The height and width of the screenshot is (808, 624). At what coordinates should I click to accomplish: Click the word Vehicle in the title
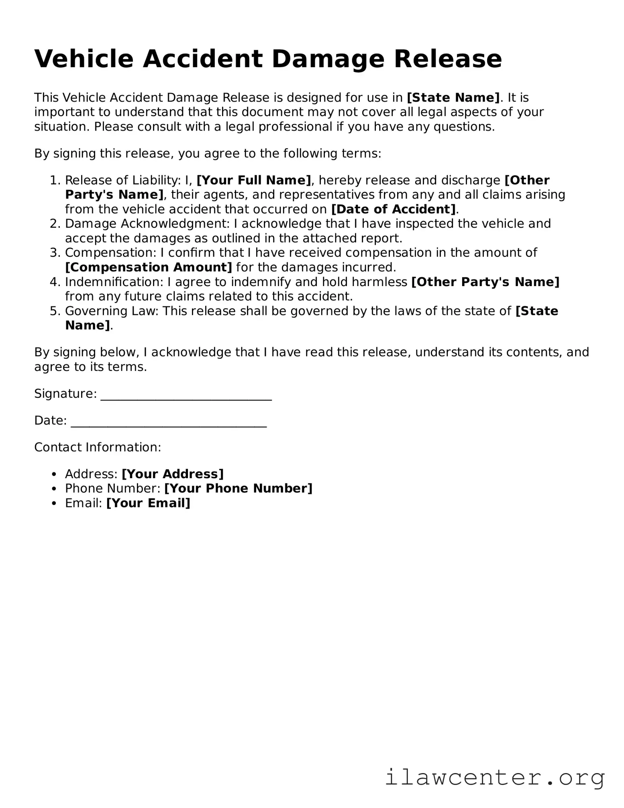(84, 59)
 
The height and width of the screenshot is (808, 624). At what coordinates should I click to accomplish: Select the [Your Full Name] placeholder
(254, 180)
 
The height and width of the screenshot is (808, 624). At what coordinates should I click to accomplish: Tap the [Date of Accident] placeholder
(394, 209)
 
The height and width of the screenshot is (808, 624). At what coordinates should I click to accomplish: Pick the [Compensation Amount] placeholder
(149, 268)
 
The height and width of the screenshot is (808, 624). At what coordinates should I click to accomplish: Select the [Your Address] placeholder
(172, 474)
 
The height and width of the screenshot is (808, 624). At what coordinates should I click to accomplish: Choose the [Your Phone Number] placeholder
(238, 489)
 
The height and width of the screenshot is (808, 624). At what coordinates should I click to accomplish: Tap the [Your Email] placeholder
(148, 503)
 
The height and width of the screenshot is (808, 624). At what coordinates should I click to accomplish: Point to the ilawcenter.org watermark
(494, 777)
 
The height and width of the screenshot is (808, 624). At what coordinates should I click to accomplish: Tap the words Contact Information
(98, 447)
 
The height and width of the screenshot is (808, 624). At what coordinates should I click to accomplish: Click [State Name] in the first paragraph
(453, 98)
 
